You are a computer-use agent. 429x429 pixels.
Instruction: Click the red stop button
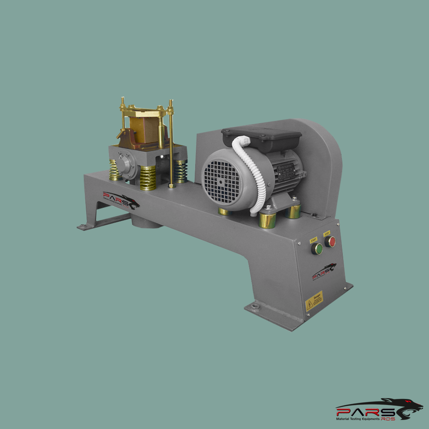(x=330, y=242)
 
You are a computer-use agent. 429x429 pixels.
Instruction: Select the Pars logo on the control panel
(x=324, y=272)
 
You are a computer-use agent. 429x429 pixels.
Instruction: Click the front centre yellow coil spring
(x=148, y=178)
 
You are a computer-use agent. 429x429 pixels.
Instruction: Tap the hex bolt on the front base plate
(x=256, y=306)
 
